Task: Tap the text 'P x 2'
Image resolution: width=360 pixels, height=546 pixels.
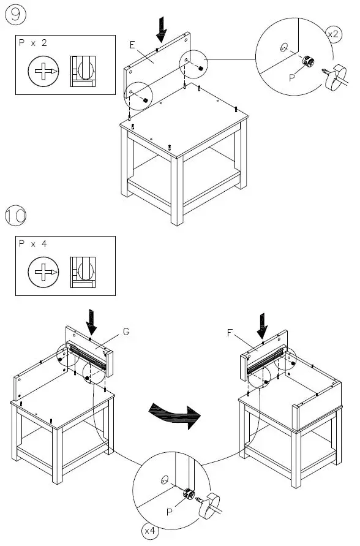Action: (33, 44)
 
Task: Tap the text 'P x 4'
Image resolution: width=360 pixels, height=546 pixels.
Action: (33, 244)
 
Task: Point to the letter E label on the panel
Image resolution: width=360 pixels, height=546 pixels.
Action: (132, 44)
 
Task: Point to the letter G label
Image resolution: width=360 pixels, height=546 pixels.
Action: (126, 332)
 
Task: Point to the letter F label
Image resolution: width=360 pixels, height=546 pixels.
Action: (230, 333)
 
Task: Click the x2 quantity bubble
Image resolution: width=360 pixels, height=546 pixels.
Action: (334, 34)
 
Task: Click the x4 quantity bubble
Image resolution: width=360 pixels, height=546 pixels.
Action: (149, 530)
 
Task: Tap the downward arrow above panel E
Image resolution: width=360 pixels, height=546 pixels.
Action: (161, 26)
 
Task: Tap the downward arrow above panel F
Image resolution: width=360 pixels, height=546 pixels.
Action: (262, 325)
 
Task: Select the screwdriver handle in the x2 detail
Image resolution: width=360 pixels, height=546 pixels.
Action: (334, 80)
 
